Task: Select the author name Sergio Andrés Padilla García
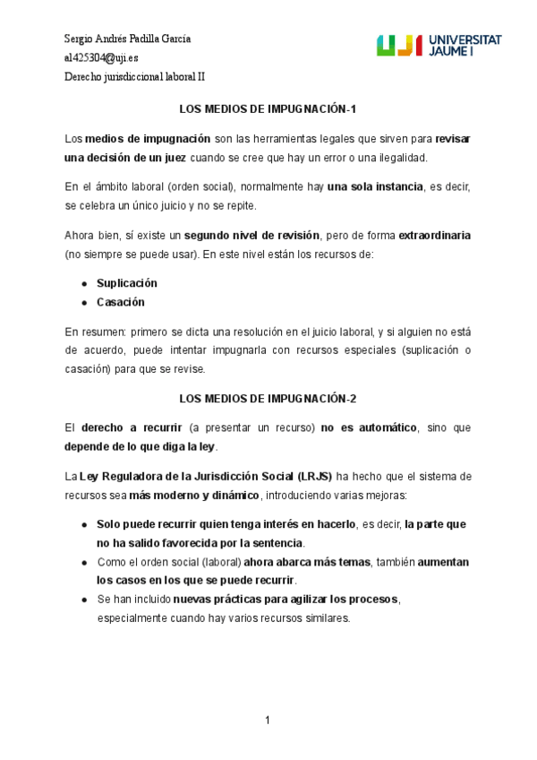127,39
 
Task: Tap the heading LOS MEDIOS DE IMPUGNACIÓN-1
268,109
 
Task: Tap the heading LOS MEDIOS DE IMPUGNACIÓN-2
268,398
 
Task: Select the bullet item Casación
120,302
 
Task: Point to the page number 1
268,721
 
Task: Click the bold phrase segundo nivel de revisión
251,236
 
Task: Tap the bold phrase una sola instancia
375,187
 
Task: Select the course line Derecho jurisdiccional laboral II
134,76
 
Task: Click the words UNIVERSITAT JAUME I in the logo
465,47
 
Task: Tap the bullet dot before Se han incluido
84,599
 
